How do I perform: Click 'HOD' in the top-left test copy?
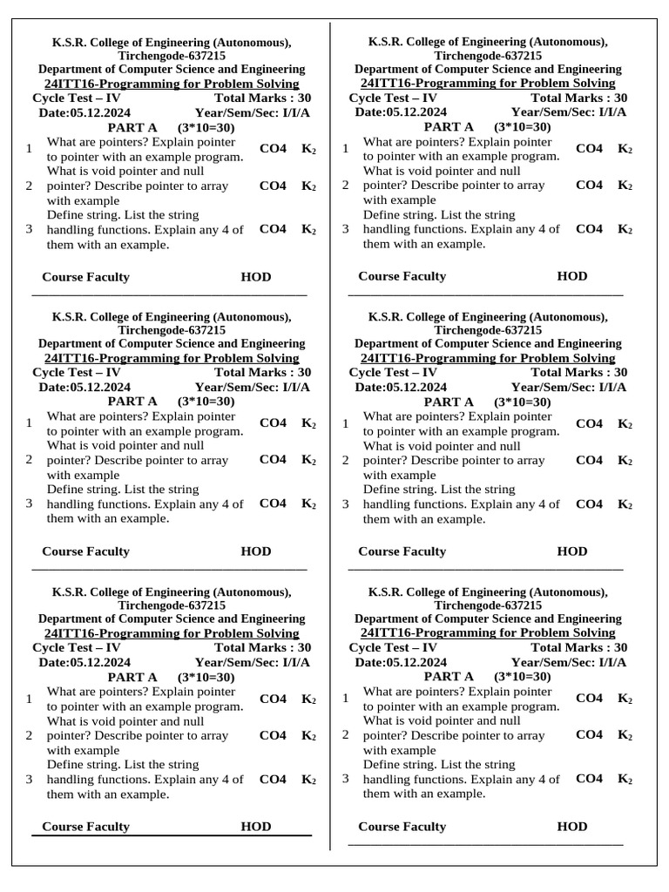pos(256,277)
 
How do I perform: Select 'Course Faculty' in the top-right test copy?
pos(402,276)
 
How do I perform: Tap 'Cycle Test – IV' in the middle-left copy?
pos(77,372)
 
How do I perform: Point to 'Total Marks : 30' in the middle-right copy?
pos(578,372)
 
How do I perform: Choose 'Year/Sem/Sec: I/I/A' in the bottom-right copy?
pos(569,662)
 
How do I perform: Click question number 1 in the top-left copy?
pos(29,149)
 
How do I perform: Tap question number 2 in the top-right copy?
pos(345,186)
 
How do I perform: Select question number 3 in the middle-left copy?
pos(29,503)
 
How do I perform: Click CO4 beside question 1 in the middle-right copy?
pos(589,423)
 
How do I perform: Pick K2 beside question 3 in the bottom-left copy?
pos(308,780)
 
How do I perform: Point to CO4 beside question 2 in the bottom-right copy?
pos(589,734)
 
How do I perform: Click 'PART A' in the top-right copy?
pos(449,126)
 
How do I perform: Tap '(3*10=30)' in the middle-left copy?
pos(206,402)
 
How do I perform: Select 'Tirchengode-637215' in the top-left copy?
pos(172,55)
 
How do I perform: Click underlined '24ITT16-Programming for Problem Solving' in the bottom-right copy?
pos(488,633)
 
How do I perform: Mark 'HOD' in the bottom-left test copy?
pos(256,827)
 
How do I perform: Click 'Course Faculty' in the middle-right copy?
pos(402,551)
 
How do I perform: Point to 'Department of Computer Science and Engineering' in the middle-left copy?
pos(172,344)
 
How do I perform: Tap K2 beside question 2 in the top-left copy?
pos(308,186)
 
